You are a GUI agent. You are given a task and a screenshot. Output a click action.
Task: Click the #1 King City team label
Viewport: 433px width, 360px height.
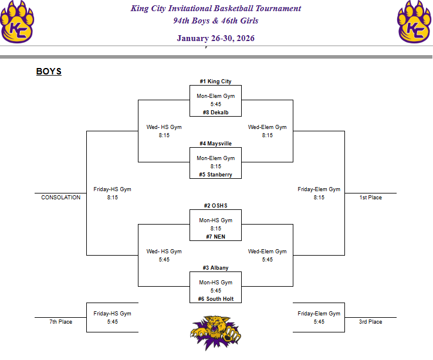click(215, 81)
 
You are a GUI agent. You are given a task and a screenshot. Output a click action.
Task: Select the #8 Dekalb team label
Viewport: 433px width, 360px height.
click(215, 112)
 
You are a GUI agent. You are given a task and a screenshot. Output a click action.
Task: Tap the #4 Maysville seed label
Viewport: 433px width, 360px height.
click(215, 143)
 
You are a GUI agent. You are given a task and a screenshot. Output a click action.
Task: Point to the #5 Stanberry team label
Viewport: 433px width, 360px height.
click(215, 174)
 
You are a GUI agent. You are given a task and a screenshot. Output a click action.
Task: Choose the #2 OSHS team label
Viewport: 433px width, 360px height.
click(215, 206)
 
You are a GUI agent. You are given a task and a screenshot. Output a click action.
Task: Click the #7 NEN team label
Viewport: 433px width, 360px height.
click(215, 236)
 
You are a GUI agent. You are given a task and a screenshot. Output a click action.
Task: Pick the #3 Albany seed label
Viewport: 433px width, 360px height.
click(215, 267)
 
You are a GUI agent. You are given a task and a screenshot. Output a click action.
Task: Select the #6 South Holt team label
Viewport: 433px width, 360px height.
click(215, 298)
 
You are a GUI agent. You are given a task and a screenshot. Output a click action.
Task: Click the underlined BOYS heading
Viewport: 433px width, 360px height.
click(49, 72)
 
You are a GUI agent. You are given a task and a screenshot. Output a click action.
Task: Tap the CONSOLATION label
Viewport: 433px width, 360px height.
click(60, 198)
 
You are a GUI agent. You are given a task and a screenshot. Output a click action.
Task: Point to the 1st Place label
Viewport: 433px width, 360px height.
click(370, 198)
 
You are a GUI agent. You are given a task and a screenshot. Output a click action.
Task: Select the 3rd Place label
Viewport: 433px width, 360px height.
click(370, 321)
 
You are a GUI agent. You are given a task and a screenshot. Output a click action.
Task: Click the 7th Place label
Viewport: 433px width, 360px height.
click(60, 321)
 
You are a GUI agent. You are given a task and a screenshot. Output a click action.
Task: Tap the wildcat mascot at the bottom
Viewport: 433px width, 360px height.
click(215, 332)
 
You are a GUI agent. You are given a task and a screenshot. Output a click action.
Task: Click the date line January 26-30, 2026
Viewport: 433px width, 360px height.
click(215, 38)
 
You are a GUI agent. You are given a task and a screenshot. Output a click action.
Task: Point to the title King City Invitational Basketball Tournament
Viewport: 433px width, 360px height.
click(215, 9)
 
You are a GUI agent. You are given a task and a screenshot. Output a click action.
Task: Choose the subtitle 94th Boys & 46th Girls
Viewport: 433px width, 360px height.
click(215, 21)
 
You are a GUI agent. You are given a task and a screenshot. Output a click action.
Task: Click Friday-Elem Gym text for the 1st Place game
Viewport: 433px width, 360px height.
click(319, 189)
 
